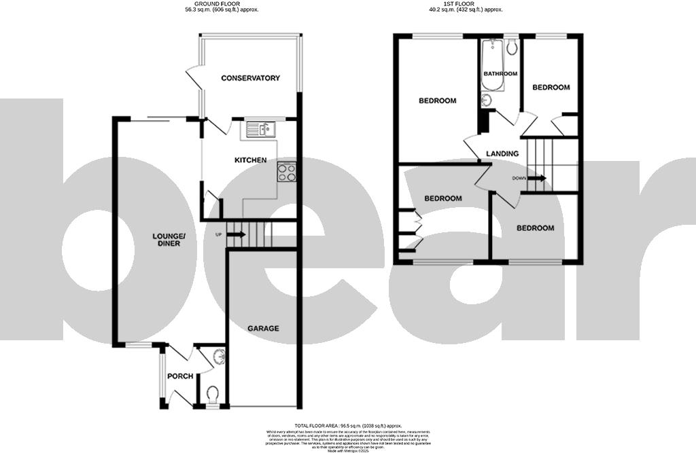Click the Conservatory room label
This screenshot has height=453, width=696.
tap(250, 78)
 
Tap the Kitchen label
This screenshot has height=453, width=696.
tap(250, 160)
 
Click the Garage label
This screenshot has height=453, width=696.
tap(262, 328)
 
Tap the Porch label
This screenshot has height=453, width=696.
tap(180, 376)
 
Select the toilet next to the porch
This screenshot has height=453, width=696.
tap(212, 394)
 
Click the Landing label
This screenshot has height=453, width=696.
tap(502, 153)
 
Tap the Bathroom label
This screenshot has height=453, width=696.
tap(500, 73)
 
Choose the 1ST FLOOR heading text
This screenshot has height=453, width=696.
tap(466, 4)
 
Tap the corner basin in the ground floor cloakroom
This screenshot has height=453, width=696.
tap(218, 356)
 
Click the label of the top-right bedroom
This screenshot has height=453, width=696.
tap(551, 88)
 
